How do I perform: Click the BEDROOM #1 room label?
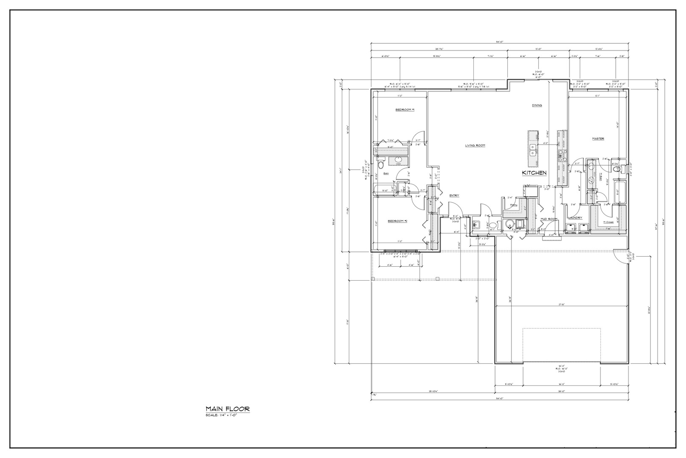pyautogui.click(x=405, y=110)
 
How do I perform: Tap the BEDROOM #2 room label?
pyautogui.click(x=398, y=221)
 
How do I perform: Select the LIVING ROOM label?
pyautogui.click(x=475, y=145)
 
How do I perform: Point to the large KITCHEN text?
pyautogui.click(x=534, y=173)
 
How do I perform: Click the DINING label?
pyautogui.click(x=537, y=106)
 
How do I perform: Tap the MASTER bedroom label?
pyautogui.click(x=597, y=139)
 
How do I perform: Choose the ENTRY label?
pyautogui.click(x=454, y=195)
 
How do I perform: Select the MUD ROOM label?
pyautogui.click(x=549, y=219)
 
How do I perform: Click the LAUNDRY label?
pyautogui.click(x=575, y=218)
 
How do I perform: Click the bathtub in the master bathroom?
pyautogui.click(x=620, y=193)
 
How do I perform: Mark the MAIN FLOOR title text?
pyautogui.click(x=227, y=409)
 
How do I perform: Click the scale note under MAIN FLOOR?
pyautogui.click(x=221, y=415)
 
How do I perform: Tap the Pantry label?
pyautogui.click(x=514, y=205)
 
